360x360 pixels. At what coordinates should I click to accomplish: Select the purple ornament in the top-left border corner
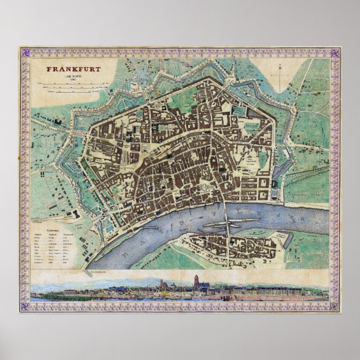point(24,53)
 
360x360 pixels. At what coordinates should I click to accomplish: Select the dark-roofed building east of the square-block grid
point(275,187)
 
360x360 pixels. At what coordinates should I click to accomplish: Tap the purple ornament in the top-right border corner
point(335,53)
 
